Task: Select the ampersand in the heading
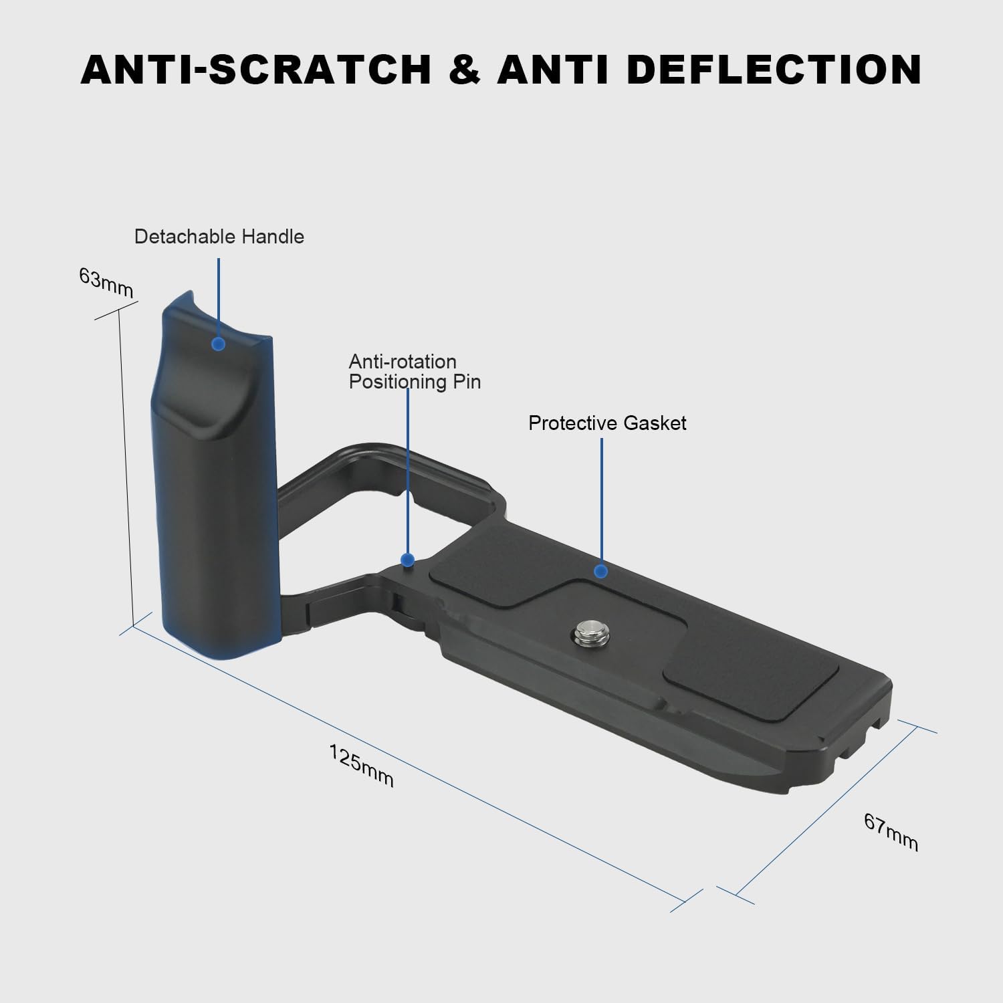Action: pos(464,69)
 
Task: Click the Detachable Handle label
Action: pos(219,237)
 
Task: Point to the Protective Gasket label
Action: pos(607,423)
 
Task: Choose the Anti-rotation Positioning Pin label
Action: pos(415,372)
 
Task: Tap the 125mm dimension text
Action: pos(361,766)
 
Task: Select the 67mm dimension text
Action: pos(891,832)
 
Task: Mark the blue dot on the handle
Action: pos(218,344)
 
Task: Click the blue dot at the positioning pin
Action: pos(407,560)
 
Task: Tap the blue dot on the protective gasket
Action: pos(600,571)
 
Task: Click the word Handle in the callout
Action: pos(273,237)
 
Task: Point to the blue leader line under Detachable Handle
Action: pos(219,294)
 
